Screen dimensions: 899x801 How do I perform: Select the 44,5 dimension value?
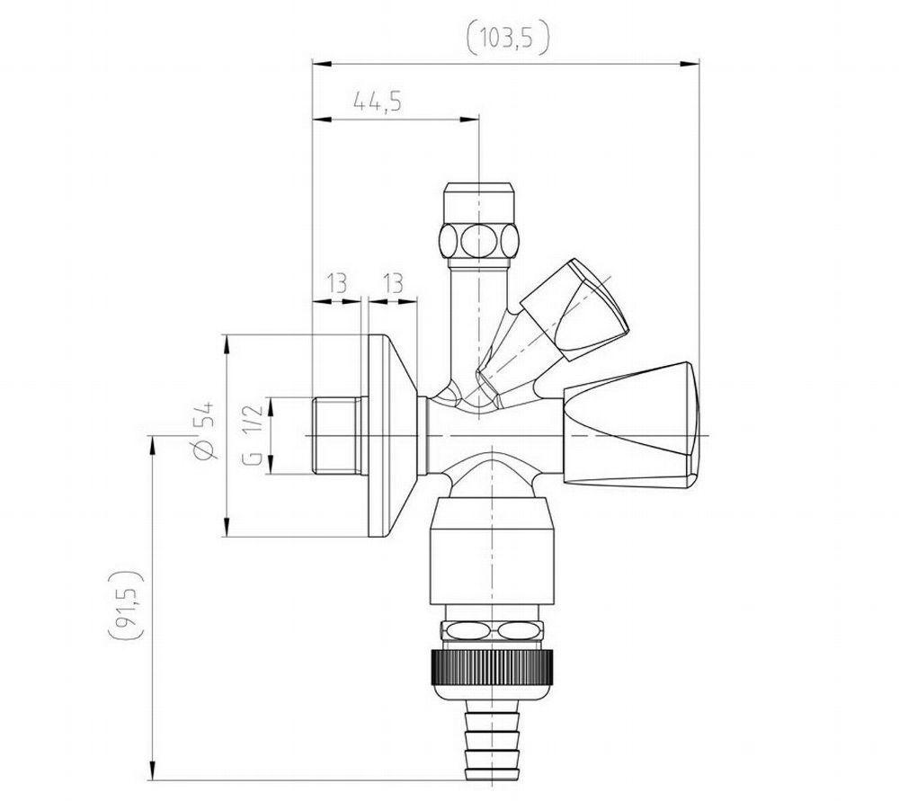pos(378,102)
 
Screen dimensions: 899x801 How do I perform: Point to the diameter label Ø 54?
pos(203,430)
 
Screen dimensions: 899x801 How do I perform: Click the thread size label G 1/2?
pos(254,434)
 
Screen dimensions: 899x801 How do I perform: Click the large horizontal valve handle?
pos(631,425)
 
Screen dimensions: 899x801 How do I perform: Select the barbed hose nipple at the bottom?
pos(493,742)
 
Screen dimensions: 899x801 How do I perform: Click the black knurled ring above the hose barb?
pos(493,666)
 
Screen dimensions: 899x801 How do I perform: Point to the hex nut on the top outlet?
pos(478,240)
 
